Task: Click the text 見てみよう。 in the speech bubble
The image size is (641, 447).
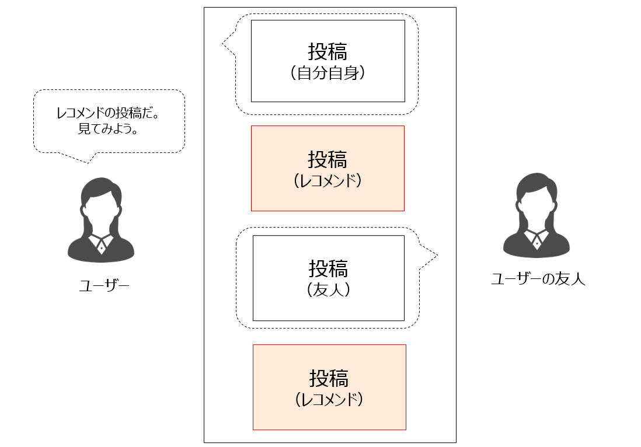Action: click(x=108, y=128)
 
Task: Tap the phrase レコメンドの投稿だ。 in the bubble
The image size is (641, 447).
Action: click(x=108, y=113)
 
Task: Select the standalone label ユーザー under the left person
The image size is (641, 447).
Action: click(x=104, y=285)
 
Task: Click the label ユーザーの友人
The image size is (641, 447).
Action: click(x=538, y=279)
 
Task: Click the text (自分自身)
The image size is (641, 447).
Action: click(x=328, y=74)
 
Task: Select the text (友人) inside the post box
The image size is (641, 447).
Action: click(x=328, y=289)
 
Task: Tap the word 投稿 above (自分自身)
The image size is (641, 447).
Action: click(x=328, y=52)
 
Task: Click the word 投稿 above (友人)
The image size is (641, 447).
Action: click(x=328, y=268)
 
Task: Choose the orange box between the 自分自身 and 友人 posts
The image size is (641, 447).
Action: click(x=328, y=168)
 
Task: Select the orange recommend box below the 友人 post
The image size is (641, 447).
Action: click(x=329, y=387)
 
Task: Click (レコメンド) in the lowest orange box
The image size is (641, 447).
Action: click(x=329, y=400)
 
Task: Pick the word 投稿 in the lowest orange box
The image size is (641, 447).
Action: click(x=329, y=378)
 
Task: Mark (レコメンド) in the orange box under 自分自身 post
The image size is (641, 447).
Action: click(x=328, y=181)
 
